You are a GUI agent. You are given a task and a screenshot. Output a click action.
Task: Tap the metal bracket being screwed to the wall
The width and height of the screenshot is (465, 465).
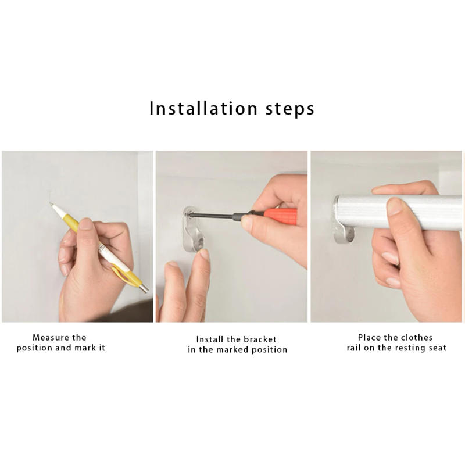[192, 229]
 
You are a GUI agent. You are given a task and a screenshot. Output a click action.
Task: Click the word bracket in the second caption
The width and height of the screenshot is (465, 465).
[260, 339]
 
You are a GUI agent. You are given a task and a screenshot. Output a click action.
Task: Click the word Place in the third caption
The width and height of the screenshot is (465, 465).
[369, 337]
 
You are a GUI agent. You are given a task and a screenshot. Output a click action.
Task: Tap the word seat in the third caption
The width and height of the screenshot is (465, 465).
[437, 348]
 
